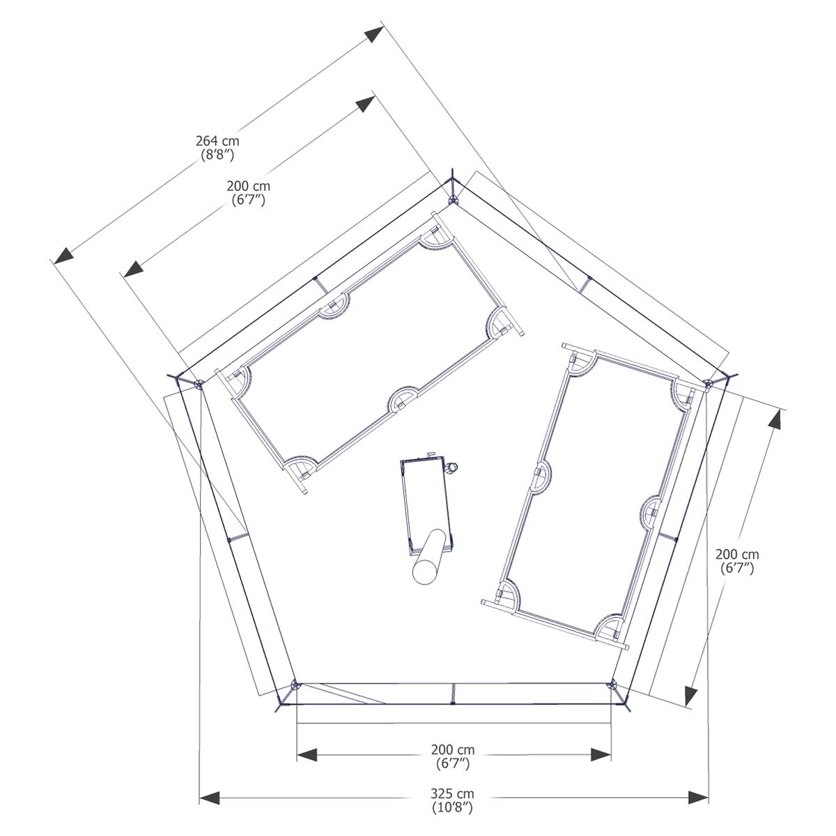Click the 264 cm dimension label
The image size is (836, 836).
coord(217,141)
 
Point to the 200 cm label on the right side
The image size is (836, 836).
coord(737,554)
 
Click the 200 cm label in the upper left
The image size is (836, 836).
coord(248,186)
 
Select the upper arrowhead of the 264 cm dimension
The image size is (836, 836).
coord(374,34)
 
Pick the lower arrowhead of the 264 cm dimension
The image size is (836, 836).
coord(63,255)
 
